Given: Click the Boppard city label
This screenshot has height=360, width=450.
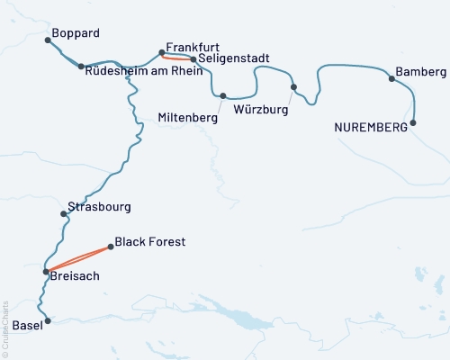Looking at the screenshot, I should point(76,33).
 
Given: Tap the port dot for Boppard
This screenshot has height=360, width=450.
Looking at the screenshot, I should point(48,40).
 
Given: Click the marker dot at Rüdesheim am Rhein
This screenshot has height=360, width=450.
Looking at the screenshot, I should point(81,67).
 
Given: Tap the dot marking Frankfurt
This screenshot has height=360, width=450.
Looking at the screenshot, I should point(161,52).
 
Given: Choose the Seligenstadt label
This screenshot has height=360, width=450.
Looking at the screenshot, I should point(237,59).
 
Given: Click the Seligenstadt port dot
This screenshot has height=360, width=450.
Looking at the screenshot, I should point(193,59).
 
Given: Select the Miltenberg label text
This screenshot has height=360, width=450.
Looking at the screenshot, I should point(188,117).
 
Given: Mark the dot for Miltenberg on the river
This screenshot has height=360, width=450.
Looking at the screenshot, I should point(222,95).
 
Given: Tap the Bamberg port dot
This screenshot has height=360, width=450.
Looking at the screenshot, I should point(391,78).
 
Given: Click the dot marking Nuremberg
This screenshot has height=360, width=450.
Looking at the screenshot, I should point(414,122).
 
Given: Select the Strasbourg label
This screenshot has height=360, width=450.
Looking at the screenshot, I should point(99,206).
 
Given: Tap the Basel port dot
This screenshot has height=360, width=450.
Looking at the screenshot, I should point(49,319).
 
